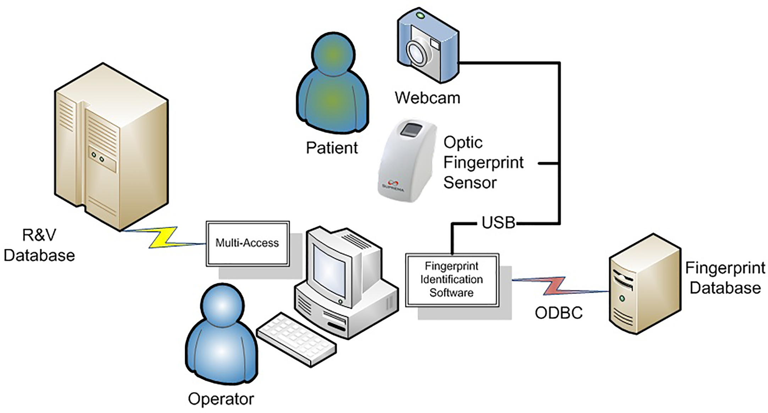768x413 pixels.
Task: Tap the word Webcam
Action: (x=427, y=98)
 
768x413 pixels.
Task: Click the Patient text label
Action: (x=332, y=148)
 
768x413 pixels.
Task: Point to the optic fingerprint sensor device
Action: (x=407, y=162)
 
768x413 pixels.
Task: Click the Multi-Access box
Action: (x=248, y=243)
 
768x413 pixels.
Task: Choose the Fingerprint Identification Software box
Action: (x=452, y=279)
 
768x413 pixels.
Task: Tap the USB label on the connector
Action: (x=498, y=223)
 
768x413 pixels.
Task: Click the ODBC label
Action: (x=559, y=313)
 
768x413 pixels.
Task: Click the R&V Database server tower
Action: (x=111, y=147)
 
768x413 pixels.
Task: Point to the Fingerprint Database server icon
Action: (x=645, y=284)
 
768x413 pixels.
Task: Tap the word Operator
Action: (x=221, y=399)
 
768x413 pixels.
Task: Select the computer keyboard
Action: (x=296, y=339)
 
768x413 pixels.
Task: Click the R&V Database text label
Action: (x=39, y=245)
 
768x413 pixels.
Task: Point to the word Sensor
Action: (x=470, y=183)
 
